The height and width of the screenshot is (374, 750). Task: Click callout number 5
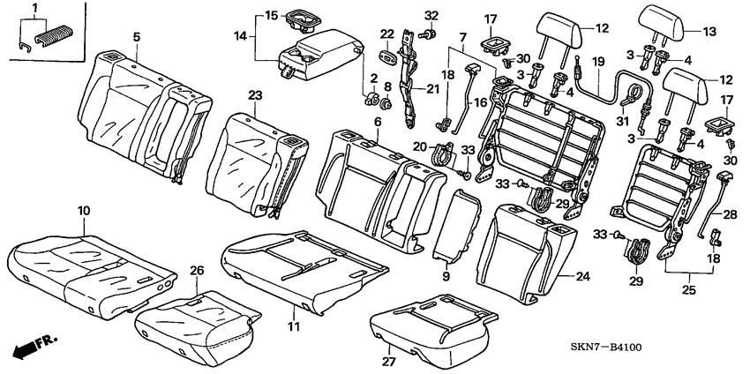point(136,36)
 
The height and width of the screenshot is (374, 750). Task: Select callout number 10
point(84,211)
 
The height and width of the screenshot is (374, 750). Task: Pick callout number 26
point(197,270)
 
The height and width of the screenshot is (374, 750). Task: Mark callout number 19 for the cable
point(598,62)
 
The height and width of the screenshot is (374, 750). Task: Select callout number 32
point(431,16)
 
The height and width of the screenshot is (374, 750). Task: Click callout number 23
point(254,95)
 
